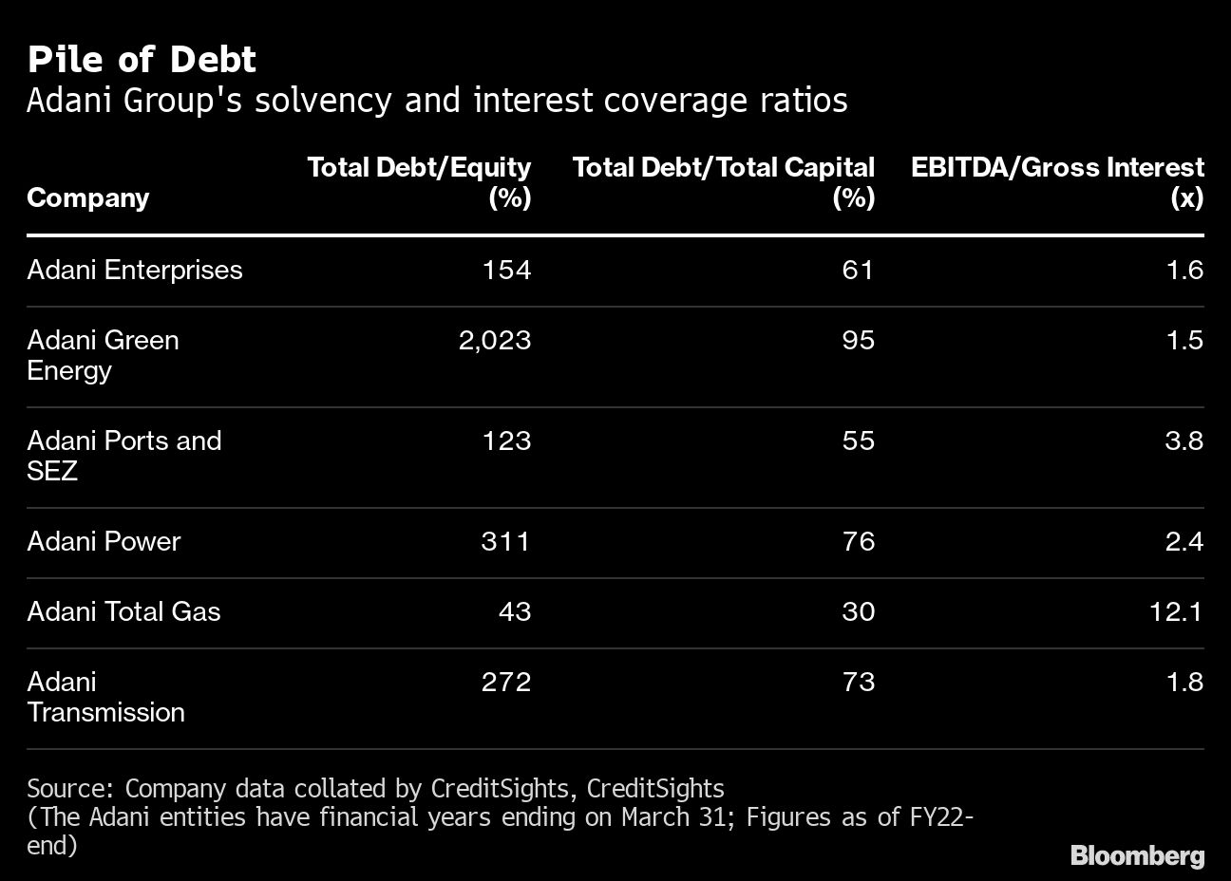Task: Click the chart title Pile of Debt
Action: (142, 60)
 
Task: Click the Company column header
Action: (88, 197)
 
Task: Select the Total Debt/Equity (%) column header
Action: (419, 182)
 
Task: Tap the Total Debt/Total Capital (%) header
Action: (723, 182)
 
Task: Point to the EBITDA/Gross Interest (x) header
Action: (1057, 182)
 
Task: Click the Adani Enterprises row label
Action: (135, 271)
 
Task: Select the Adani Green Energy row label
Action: (103, 355)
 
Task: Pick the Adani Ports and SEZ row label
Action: (123, 456)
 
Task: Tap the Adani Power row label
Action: (104, 542)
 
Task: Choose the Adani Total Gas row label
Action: (123, 612)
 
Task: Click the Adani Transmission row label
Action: (105, 697)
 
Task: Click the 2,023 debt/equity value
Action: (494, 341)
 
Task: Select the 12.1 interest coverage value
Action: (1176, 612)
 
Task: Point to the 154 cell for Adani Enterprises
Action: (506, 271)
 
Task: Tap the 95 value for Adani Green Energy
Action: (858, 341)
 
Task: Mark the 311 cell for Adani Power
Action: (506, 542)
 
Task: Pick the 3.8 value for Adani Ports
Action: (1184, 441)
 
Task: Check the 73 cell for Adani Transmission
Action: (858, 683)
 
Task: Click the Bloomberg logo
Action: (1137, 855)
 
